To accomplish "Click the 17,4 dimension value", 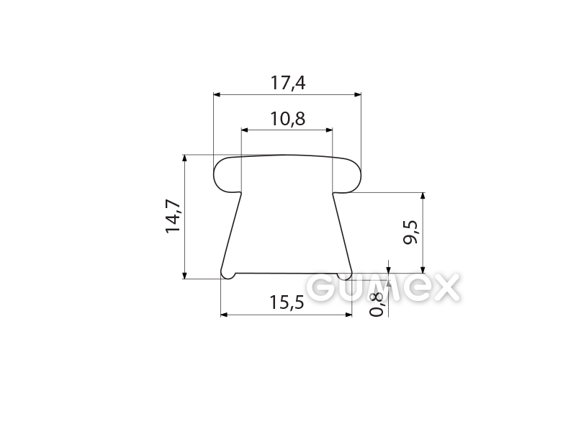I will coord(288,83).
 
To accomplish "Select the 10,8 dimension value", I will coord(288,119).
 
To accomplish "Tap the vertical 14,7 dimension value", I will coord(174,216).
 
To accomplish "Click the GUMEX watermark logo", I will coord(387,288).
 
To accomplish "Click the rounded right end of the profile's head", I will coord(354,176).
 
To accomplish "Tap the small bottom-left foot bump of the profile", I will coord(228,275).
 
